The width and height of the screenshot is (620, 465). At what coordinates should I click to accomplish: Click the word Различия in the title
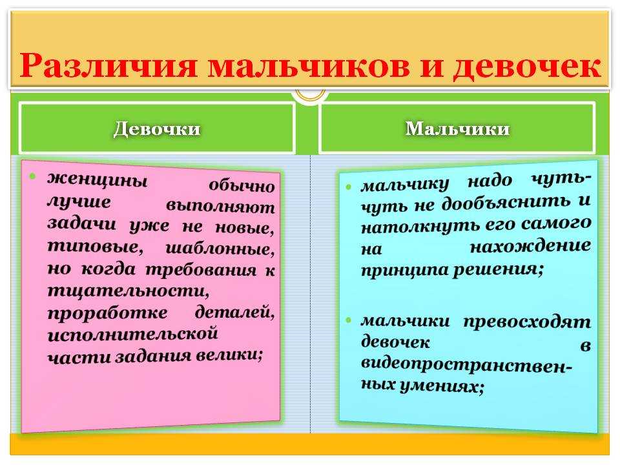coord(108,64)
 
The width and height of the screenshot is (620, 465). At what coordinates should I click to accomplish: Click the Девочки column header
coord(157,129)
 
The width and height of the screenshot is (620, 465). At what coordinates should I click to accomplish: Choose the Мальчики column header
coord(457,129)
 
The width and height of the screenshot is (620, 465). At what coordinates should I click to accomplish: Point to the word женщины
coord(98,180)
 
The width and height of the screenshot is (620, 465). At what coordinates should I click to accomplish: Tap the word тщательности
coord(128,291)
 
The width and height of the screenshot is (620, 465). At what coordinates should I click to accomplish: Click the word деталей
coord(234,313)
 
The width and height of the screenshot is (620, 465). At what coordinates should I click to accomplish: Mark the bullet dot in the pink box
coord(33,176)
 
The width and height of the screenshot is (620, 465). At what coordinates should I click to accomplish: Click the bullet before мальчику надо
coord(348,187)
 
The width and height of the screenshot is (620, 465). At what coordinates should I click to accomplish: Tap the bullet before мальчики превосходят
coord(348,320)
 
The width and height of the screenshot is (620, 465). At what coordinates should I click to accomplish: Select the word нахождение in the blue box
coord(530,246)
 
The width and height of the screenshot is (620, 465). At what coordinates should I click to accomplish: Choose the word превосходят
coord(527,322)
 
